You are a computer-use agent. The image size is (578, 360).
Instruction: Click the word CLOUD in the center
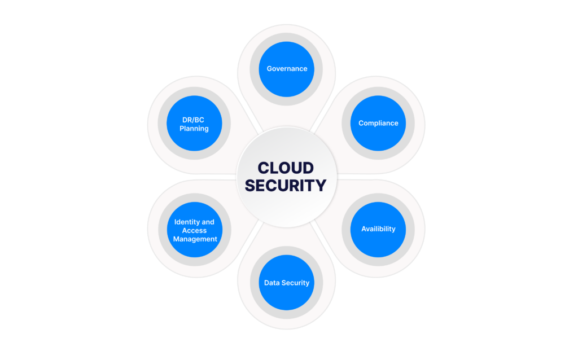click(286, 168)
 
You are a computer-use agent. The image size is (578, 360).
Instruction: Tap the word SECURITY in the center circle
click(286, 185)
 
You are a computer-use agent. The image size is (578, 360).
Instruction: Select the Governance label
click(287, 68)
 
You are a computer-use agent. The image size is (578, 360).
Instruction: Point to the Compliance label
click(378, 124)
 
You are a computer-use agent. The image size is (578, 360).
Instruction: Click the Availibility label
click(378, 229)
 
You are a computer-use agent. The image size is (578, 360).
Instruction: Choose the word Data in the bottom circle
click(272, 283)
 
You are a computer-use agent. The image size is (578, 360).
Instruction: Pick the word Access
click(194, 231)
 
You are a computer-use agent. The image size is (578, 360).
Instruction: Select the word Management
click(195, 239)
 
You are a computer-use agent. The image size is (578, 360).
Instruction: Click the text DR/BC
click(193, 120)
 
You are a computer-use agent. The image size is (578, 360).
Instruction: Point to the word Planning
click(194, 129)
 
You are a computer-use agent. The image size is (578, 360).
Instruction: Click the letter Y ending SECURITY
click(321, 185)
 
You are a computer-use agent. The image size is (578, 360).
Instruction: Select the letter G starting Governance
click(269, 68)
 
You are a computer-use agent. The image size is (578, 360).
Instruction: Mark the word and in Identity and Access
click(209, 222)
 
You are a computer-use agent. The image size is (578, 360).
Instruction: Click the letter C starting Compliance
click(361, 123)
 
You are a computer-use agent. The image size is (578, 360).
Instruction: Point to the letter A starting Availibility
click(364, 229)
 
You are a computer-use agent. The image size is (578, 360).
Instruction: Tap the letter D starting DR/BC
click(185, 120)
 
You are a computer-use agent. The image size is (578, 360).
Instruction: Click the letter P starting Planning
click(182, 128)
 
